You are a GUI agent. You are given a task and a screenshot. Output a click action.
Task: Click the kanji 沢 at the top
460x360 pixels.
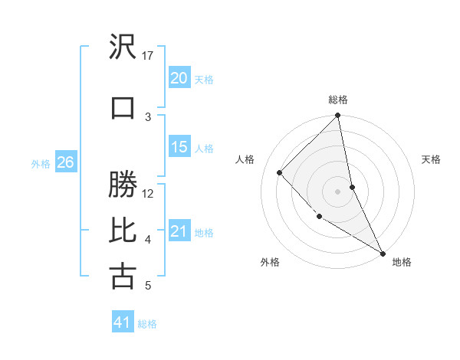point(123,47)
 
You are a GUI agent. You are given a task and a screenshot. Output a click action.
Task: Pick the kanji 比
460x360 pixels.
point(123,230)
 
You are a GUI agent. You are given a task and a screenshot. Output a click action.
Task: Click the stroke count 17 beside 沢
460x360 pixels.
point(148,55)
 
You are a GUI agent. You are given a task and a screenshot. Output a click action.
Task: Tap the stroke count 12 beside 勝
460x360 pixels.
point(148,194)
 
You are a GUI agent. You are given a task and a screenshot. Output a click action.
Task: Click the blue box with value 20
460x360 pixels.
point(179,78)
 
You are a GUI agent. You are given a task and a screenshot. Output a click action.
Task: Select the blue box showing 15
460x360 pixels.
point(179,147)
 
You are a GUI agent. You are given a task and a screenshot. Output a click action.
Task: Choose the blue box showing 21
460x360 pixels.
point(179,231)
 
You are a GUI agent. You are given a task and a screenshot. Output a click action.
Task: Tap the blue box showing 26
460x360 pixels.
point(65,162)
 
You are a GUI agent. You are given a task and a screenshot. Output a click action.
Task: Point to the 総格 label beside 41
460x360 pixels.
point(147,324)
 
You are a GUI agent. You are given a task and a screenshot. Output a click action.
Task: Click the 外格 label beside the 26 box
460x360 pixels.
point(40,163)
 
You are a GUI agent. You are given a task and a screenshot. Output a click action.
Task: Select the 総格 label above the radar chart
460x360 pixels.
point(337,100)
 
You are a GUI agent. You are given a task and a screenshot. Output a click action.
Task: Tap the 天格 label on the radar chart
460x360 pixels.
point(431,159)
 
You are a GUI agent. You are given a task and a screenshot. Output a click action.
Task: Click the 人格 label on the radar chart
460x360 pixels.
point(245,159)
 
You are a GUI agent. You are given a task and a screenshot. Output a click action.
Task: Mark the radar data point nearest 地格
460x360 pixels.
point(383,253)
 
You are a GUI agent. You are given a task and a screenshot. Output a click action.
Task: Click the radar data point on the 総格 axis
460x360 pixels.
point(337,116)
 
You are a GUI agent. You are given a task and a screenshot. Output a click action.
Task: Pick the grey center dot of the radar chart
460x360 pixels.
point(337,191)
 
